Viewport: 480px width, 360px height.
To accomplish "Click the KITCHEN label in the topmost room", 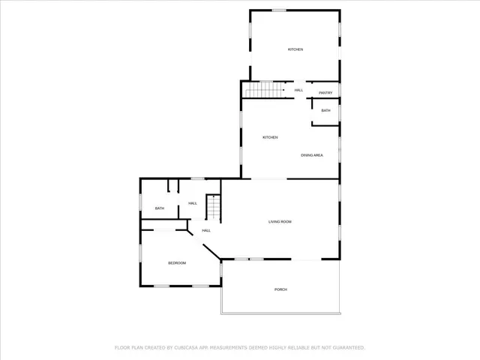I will (295, 49).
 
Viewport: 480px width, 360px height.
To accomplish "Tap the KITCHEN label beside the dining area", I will (270, 137).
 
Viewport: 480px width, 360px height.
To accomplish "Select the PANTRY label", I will (325, 92).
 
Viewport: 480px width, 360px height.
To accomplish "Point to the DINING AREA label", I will (312, 154).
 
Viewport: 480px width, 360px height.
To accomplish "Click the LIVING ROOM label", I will (280, 221).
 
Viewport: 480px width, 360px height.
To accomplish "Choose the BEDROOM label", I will (176, 262).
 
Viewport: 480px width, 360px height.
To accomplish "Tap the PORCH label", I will (280, 289).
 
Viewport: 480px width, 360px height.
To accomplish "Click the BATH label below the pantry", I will (325, 110).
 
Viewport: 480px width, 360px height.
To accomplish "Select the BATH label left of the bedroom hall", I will (159, 208).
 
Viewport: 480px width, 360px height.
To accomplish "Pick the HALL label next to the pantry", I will (298, 90).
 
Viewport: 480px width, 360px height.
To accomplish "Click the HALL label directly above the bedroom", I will (205, 230).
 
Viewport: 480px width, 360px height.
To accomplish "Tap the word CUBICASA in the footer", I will (190, 348).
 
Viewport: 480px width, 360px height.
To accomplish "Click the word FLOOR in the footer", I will (122, 348).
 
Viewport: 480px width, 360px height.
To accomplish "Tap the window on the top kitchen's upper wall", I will (279, 10).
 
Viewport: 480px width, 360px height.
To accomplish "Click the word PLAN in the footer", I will (139, 348).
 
